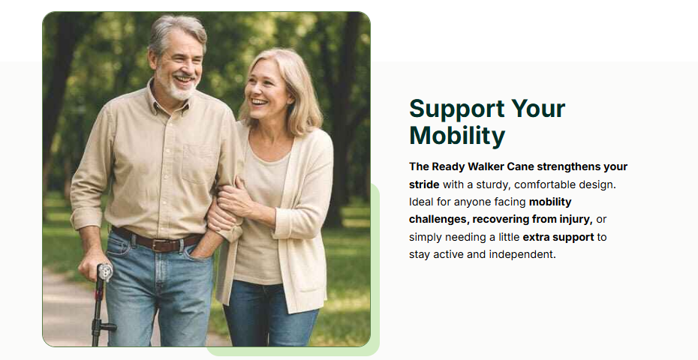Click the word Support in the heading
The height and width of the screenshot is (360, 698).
[456, 109]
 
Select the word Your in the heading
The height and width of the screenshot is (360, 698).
[538, 109]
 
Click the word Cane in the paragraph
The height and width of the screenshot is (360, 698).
[520, 166]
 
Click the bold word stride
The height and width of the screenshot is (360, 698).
[424, 184]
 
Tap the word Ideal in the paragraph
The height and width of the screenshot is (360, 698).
[421, 202]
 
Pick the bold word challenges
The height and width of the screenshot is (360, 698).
[439, 220]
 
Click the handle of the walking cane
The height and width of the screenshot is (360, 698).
[104, 272]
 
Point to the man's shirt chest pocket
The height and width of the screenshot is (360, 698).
[199, 163]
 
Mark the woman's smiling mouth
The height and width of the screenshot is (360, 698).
[259, 102]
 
